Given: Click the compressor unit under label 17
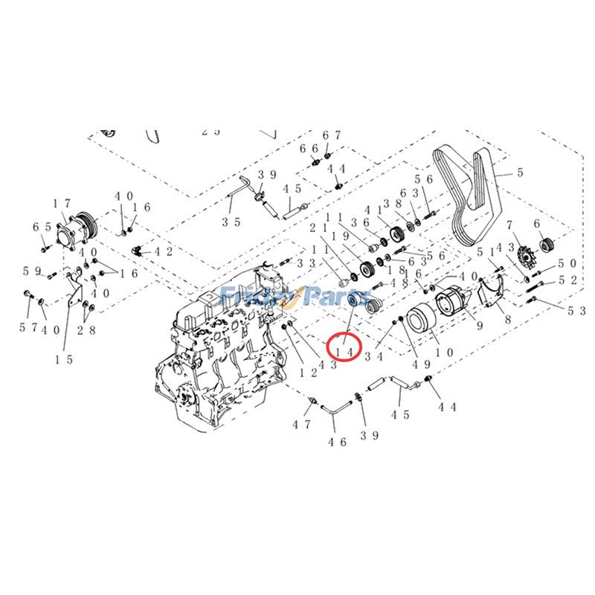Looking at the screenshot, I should (x=76, y=228).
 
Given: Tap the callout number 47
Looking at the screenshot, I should (x=300, y=425).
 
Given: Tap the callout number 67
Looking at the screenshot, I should (x=332, y=135).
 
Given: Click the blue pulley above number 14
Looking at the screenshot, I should (x=356, y=305).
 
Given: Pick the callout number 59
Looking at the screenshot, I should (x=31, y=271).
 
